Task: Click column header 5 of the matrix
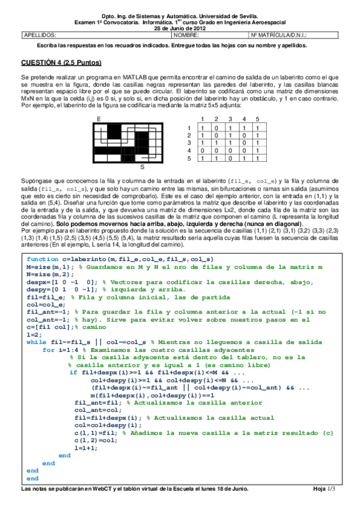tap(257, 119)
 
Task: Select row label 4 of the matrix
tap(189, 150)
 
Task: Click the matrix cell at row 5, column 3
tap(230, 158)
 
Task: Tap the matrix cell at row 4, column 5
tap(257, 150)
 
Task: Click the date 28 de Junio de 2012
tap(180, 28)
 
